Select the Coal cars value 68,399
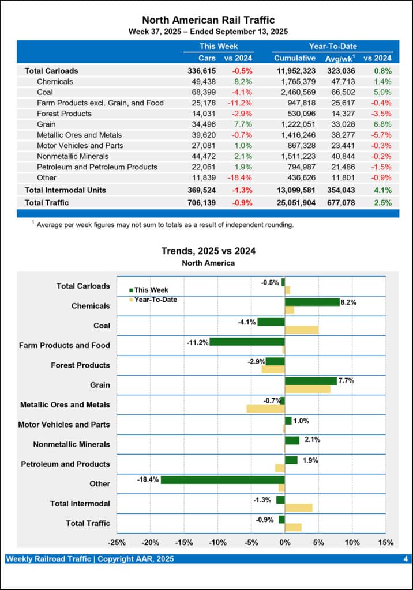pyautogui.click(x=204, y=92)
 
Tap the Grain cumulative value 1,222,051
pyautogui.click(x=295, y=124)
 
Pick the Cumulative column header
pyautogui.click(x=295, y=58)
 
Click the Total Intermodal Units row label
pyautogui.click(x=65, y=190)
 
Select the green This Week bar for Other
pyautogui.click(x=223, y=480)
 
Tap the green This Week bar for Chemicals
pyautogui.click(x=312, y=302)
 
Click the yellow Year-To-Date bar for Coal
pyautogui.click(x=302, y=330)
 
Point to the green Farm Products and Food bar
pyautogui.click(x=247, y=342)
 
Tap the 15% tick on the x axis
pyautogui.click(x=386, y=542)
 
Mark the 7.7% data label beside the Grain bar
pyautogui.click(x=346, y=381)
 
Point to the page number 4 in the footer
pyautogui.click(x=406, y=559)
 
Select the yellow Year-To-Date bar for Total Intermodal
pyautogui.click(x=299, y=508)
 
